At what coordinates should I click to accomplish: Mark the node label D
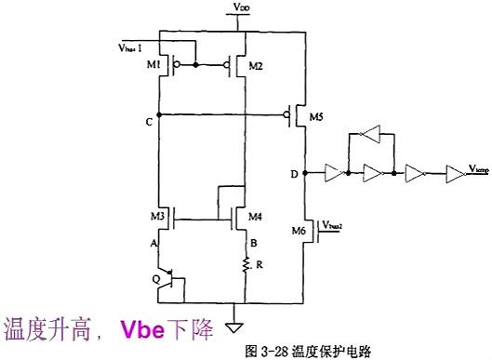click(295, 174)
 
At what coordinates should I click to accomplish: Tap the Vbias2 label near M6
click(332, 224)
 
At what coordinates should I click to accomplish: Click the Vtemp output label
click(478, 167)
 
